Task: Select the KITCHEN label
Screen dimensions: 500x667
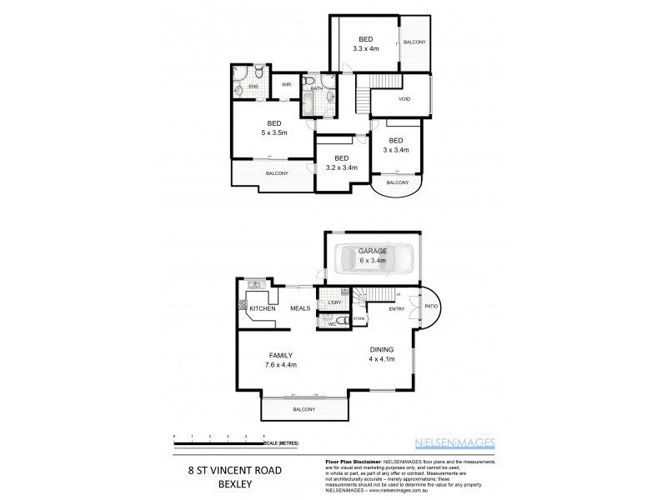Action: [x=263, y=308]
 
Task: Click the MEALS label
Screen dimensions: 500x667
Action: [x=300, y=308]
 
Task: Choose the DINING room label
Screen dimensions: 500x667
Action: [x=382, y=349]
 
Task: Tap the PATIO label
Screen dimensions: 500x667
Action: [x=431, y=306]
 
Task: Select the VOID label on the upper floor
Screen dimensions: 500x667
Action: [x=404, y=98]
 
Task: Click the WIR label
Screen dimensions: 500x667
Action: [x=286, y=85]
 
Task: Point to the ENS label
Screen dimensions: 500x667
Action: [x=253, y=86]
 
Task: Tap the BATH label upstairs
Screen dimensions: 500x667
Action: [x=317, y=88]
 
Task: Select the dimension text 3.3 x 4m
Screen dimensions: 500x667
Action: [x=365, y=49]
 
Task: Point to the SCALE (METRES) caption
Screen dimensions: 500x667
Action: [x=282, y=442]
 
